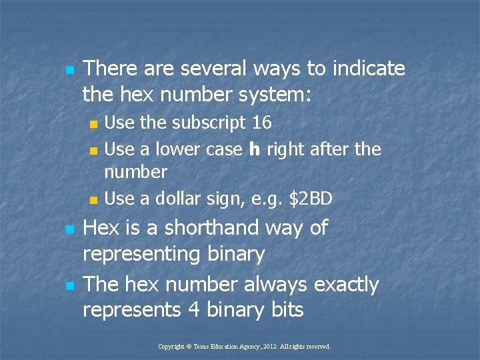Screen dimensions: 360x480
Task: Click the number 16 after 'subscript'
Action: [x=261, y=123]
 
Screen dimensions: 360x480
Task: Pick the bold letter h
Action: [x=254, y=149]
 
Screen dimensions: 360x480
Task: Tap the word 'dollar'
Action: [x=195, y=198]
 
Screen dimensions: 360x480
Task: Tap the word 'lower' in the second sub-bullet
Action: [x=178, y=149]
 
